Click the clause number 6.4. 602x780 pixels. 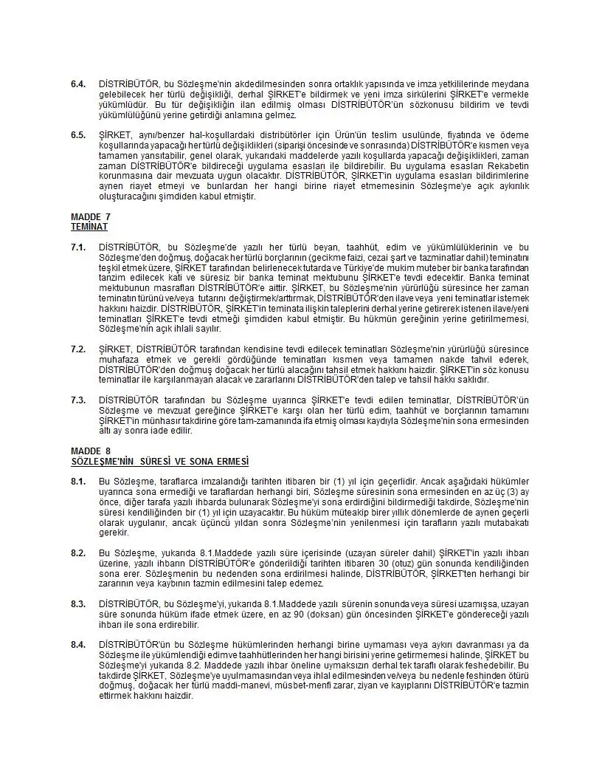click(x=78, y=84)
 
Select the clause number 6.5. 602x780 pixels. click(x=78, y=135)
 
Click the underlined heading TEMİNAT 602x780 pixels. click(x=89, y=227)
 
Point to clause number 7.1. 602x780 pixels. click(x=78, y=247)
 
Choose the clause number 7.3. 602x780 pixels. click(x=78, y=400)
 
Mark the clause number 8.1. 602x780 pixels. click(x=78, y=481)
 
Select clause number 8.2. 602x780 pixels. click(x=78, y=552)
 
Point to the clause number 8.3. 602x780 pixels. click(x=78, y=603)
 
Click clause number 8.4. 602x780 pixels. click(x=78, y=645)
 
